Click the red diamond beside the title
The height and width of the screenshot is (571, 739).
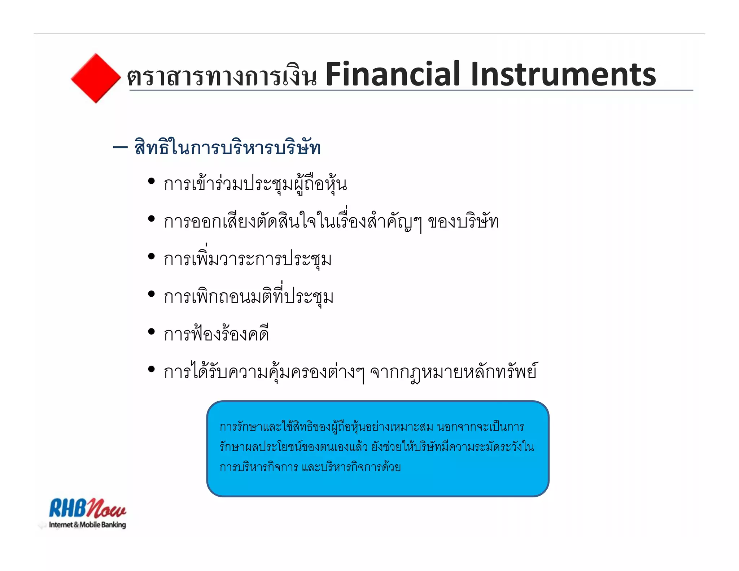96,78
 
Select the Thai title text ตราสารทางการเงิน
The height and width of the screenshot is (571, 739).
222,77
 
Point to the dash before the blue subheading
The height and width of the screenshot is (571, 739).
120,147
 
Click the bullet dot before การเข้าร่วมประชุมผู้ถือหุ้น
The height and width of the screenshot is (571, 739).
151,181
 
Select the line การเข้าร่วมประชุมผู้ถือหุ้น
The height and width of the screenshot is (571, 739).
255,184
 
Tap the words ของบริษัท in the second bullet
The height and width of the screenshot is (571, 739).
463,222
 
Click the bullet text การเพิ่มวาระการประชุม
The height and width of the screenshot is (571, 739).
248,259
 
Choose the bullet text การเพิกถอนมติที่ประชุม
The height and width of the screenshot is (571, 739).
248,297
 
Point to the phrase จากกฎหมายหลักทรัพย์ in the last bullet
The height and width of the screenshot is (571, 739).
454,372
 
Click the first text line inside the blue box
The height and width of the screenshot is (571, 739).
372,427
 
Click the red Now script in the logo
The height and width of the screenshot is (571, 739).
107,509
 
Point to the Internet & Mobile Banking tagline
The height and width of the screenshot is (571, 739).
87,525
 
